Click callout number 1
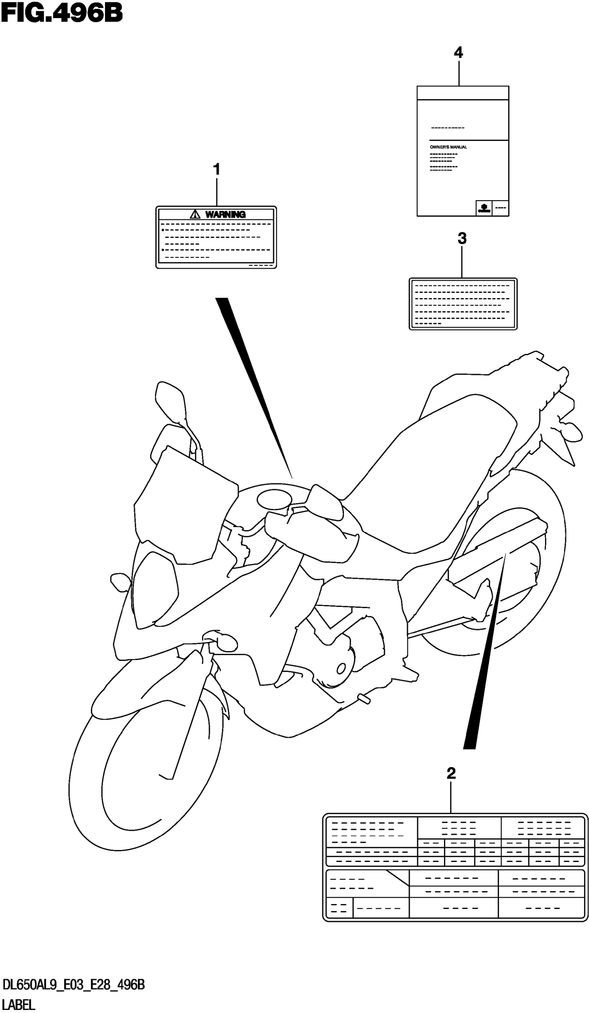coord(216,169)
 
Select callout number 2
coord(451,773)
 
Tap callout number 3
coord(462,238)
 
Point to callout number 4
coord(458,53)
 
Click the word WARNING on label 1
coord(225,215)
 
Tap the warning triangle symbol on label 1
coord(195,214)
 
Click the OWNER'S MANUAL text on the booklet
coord(448,147)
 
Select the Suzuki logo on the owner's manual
coord(484,208)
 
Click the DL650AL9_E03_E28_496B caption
coord(73,985)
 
